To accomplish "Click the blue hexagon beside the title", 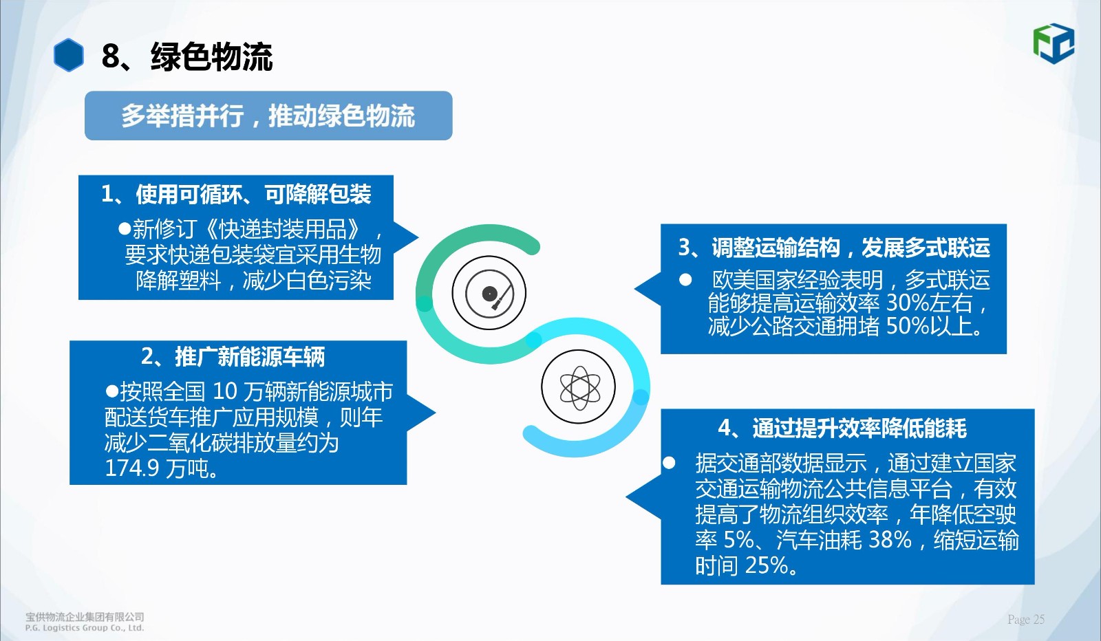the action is tap(69, 55).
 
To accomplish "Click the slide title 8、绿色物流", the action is tap(186, 56).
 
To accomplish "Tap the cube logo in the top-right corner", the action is tap(1054, 44).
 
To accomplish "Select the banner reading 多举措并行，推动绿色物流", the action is tap(268, 116).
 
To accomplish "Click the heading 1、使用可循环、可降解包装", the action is tap(236, 194).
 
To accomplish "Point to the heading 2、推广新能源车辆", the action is tap(233, 356).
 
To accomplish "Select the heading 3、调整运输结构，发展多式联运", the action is tap(834, 248).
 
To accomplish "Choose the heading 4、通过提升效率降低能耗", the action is tap(842, 428).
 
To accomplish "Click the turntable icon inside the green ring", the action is tap(489, 293).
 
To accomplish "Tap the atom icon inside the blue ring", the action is tap(579, 387).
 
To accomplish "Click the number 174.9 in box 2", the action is tap(132, 468).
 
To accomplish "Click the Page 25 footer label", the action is tap(1026, 620).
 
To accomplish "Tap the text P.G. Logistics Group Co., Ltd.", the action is tap(85, 628).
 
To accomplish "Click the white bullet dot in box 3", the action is tap(685, 280).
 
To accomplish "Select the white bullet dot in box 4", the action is tap(669, 463).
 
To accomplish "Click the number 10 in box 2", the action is tap(225, 391).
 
